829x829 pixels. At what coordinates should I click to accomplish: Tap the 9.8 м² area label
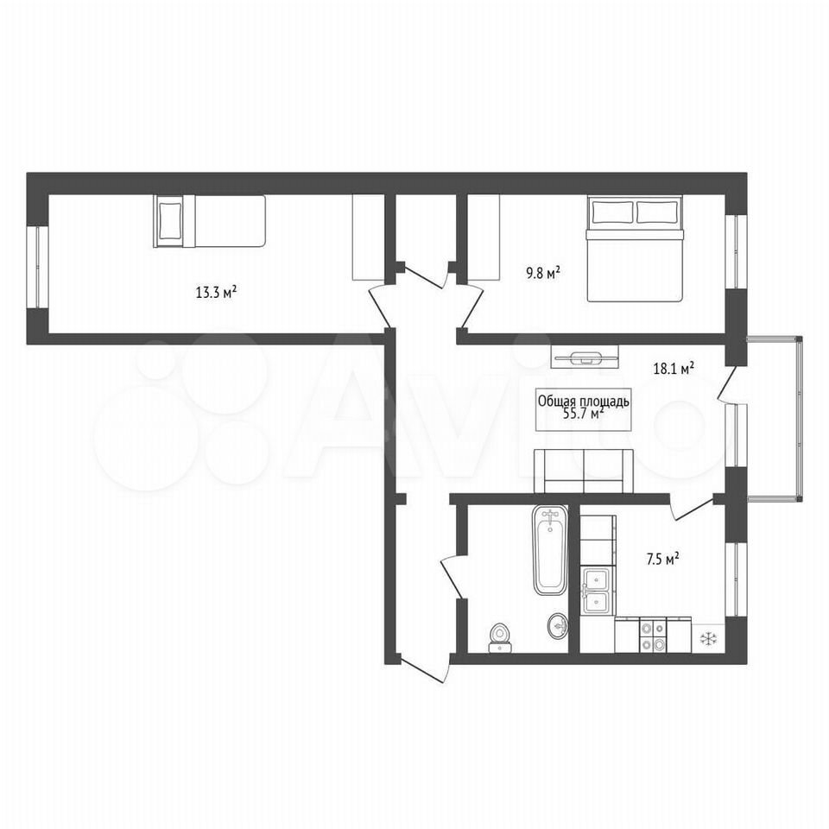click(542, 274)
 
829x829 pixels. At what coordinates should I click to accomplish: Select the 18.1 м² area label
click(674, 369)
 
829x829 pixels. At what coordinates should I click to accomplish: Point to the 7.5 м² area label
click(663, 560)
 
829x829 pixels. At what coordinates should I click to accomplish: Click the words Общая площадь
click(584, 401)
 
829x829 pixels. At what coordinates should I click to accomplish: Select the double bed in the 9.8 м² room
click(635, 249)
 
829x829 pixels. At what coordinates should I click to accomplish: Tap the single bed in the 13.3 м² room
click(209, 220)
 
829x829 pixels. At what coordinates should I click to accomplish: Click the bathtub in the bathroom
click(550, 551)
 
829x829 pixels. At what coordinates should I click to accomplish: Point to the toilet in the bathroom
click(500, 638)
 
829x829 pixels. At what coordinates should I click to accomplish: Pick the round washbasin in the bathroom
click(557, 627)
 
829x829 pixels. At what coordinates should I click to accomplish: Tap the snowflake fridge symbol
click(708, 639)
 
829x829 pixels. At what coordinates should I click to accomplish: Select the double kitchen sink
click(598, 591)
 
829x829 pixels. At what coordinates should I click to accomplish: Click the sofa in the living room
click(583, 471)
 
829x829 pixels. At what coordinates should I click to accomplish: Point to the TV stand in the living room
click(585, 357)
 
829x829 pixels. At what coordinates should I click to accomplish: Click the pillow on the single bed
click(169, 220)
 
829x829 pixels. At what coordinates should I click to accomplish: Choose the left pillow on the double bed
click(612, 212)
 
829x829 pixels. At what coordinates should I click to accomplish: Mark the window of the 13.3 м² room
click(37, 267)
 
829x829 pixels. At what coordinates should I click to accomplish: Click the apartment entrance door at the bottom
click(425, 668)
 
